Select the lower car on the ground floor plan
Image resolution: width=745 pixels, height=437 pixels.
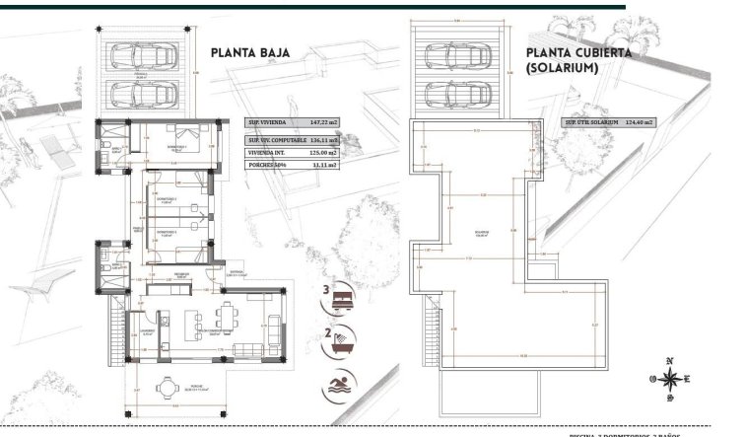tap(149, 95)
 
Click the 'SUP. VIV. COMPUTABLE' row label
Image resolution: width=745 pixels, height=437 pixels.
tap(277, 139)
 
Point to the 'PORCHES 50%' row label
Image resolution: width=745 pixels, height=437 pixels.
tap(267, 169)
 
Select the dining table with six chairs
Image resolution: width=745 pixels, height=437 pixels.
tap(227, 319)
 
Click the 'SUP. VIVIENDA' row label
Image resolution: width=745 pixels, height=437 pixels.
tap(267, 123)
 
